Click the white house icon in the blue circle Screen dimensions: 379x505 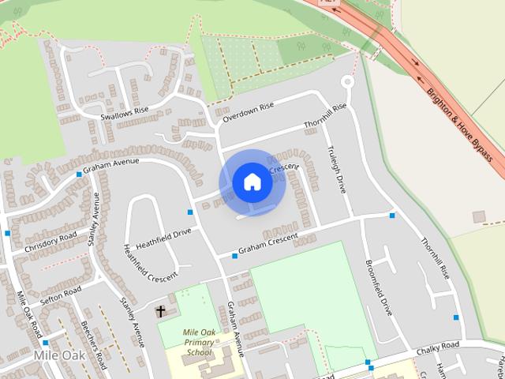(252, 182)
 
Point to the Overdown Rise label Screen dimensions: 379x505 (248, 112)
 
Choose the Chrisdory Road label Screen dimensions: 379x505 (50, 242)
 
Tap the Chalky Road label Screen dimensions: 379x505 (438, 347)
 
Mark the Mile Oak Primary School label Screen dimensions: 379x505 (199, 342)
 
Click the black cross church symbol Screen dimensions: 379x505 (161, 311)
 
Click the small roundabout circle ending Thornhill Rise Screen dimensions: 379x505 (346, 82)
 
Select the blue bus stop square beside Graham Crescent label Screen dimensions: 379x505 (234, 255)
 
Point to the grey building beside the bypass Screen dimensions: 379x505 (478, 216)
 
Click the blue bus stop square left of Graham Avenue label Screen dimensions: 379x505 (78, 174)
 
